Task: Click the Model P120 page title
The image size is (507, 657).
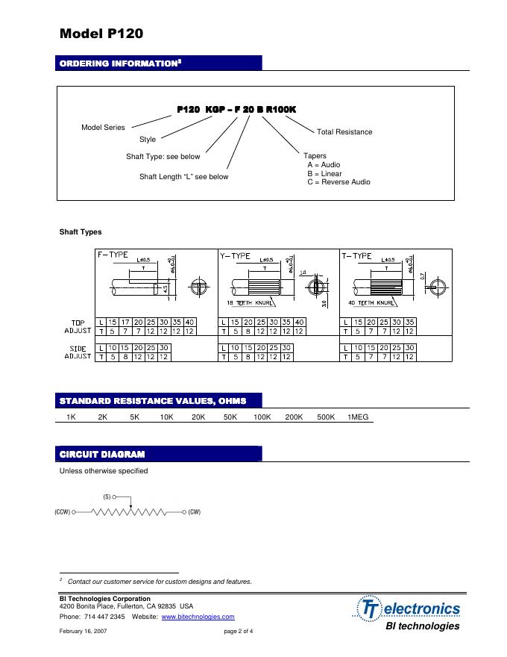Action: tap(101, 34)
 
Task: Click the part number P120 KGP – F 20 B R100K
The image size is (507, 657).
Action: tap(236, 109)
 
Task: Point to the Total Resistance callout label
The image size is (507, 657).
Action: tap(344, 132)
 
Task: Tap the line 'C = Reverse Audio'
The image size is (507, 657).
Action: tap(338, 182)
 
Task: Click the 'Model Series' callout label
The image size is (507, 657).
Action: tap(103, 128)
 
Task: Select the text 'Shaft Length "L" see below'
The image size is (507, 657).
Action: tap(184, 177)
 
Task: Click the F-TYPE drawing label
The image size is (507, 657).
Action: tap(113, 255)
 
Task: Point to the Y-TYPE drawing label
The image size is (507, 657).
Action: tap(235, 255)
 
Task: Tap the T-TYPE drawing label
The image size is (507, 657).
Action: tap(356, 255)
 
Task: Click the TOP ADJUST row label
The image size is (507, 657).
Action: tap(78, 326)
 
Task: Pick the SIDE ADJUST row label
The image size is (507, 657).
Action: tap(78, 352)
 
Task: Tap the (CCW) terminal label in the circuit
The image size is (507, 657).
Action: tap(63, 512)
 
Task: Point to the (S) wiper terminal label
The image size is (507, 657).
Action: tap(107, 496)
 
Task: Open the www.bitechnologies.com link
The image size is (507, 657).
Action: tap(198, 617)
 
